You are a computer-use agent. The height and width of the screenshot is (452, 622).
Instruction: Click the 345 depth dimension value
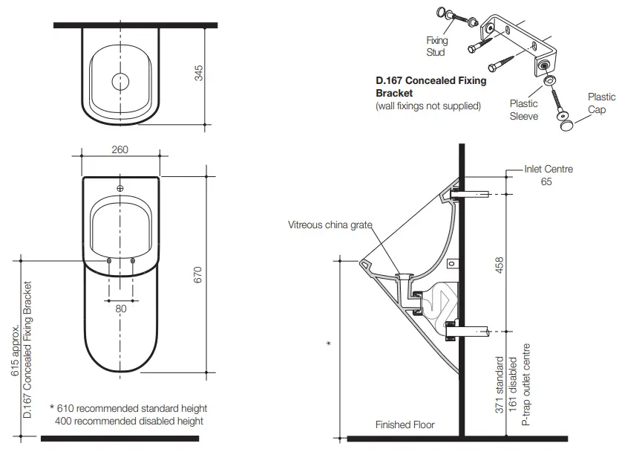coord(198,73)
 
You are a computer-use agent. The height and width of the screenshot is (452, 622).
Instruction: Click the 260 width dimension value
coord(120,149)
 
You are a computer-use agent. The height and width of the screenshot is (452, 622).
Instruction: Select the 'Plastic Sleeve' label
coord(523,110)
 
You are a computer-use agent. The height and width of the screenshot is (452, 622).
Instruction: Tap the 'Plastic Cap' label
coord(600,103)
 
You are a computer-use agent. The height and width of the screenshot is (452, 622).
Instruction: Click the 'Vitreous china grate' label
coord(330,225)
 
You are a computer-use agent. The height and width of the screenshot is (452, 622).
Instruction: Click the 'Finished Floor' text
coord(405,425)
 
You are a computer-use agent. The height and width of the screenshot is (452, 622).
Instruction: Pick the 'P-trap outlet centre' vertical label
coord(526,387)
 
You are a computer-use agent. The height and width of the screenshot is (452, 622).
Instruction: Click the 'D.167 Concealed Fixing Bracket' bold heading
coord(431,87)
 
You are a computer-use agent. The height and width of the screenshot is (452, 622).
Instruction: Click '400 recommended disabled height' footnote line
coord(129,421)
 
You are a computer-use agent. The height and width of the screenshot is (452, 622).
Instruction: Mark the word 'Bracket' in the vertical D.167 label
coord(28,303)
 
